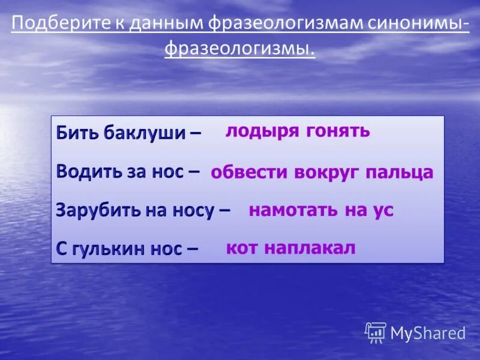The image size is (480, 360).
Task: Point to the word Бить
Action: pyautogui.click(x=77, y=133)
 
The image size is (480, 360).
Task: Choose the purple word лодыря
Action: pyautogui.click(x=262, y=131)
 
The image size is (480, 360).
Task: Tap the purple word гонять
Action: pyautogui.click(x=338, y=131)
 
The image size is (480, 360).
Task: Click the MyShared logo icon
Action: pyautogui.click(x=376, y=332)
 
